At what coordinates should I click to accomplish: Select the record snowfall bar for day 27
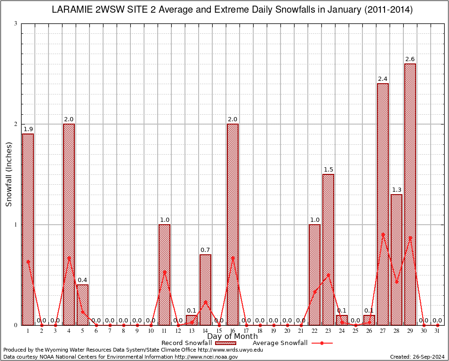pos(383,204)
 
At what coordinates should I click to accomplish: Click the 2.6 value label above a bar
pos(410,59)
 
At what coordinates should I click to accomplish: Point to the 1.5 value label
pos(328,169)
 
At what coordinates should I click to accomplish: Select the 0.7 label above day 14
pos(205,250)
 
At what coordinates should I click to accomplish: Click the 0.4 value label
pos(82,280)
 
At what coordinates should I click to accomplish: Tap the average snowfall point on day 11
pos(164,272)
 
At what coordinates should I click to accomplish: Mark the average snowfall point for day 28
pos(396,282)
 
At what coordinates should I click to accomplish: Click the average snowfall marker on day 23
pos(328,275)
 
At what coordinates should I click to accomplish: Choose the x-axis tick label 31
pos(437,331)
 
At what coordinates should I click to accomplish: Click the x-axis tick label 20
pos(287,331)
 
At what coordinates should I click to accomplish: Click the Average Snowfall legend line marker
pos(322,343)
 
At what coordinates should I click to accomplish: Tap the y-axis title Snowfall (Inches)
pos(8,174)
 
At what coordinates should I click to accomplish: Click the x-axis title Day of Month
pos(233,337)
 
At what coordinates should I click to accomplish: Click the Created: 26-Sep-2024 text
pos(417,357)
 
